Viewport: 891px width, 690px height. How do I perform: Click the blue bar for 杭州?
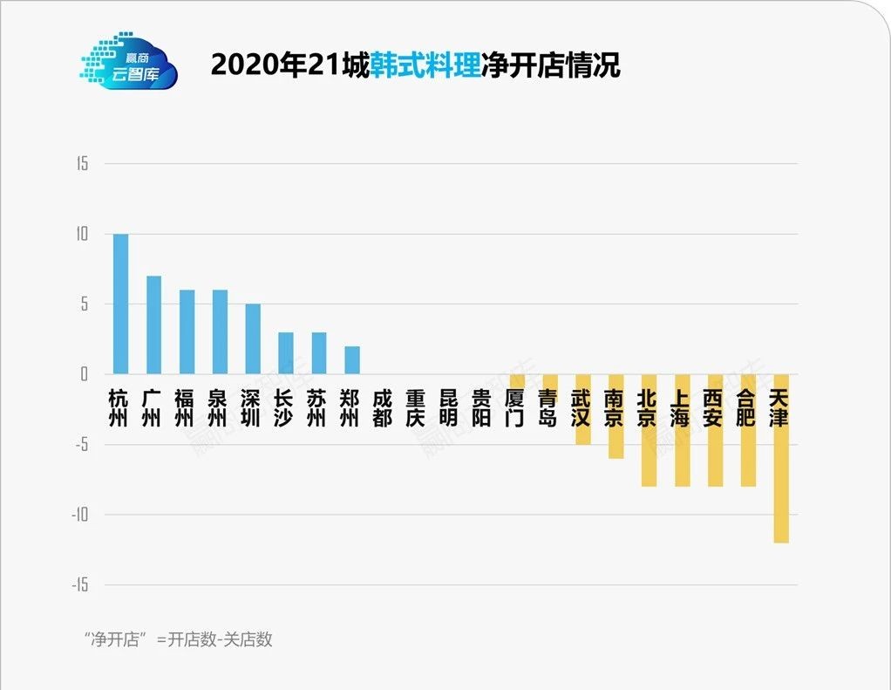(120, 304)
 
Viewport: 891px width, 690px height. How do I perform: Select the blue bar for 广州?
(153, 325)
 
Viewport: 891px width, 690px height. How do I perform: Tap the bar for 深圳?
(253, 338)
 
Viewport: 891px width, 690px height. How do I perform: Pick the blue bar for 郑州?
(351, 359)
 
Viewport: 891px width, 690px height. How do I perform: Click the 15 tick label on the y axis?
(82, 164)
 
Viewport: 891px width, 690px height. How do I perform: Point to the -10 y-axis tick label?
(80, 515)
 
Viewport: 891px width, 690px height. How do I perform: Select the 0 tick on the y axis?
(85, 374)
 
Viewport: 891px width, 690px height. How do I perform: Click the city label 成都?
(383, 407)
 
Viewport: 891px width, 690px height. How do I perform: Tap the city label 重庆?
(416, 407)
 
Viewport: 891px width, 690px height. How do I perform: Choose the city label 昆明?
(449, 407)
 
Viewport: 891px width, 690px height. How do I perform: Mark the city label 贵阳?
(482, 407)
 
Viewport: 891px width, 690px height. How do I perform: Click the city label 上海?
(681, 407)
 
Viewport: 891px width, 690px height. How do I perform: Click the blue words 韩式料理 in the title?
(425, 65)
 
